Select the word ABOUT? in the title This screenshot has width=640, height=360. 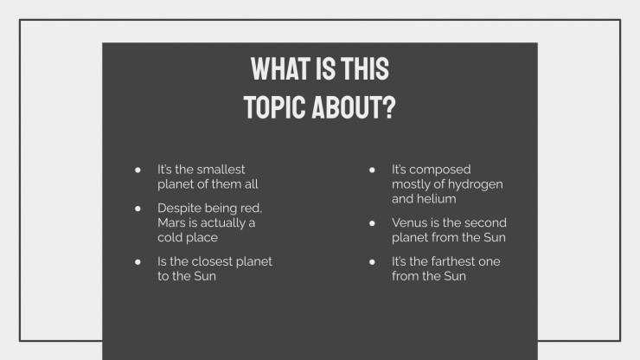click(355, 107)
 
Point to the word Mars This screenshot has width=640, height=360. click(171, 222)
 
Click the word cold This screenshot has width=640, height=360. click(170, 237)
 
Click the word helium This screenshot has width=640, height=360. click(438, 198)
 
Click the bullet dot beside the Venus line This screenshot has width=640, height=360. click(372, 223)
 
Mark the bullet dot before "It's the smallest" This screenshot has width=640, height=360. click(138, 170)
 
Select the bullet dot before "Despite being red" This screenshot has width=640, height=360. click(138, 209)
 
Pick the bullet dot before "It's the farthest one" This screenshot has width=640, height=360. click(372, 262)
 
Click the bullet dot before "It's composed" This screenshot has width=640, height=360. click(372, 170)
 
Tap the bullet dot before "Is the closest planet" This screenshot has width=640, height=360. click(138, 262)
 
